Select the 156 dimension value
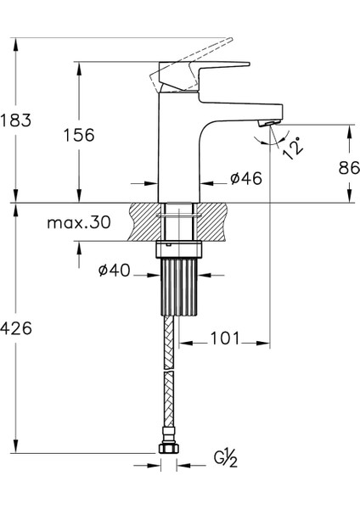pos(78,135)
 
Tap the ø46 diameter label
pos(245,178)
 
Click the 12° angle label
pos(293,148)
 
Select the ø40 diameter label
pos(114,271)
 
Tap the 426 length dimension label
pos(16,330)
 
